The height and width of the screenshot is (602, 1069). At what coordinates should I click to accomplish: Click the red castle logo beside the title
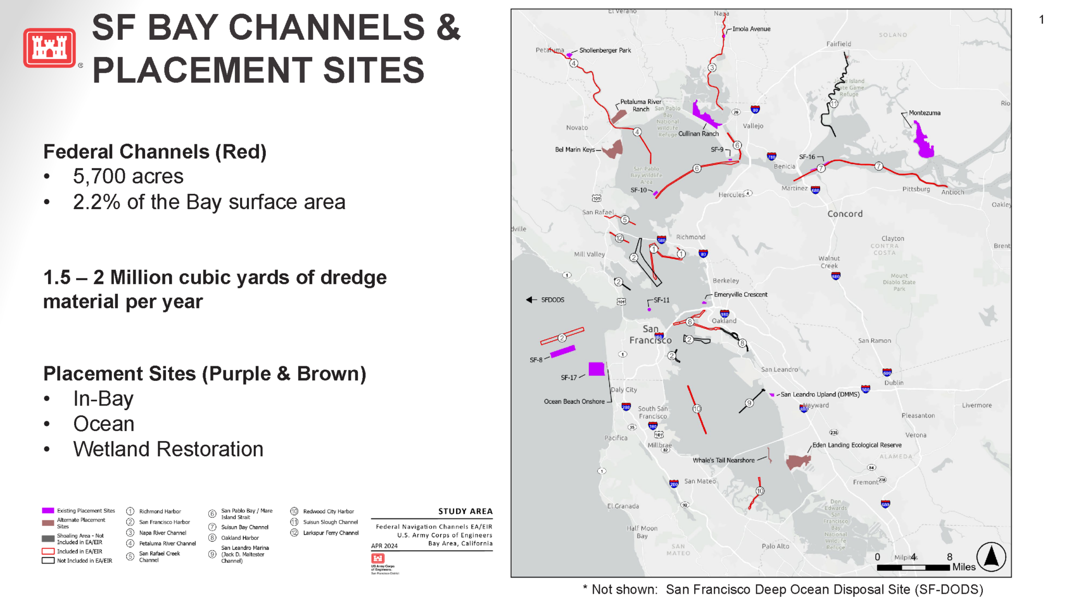(x=50, y=48)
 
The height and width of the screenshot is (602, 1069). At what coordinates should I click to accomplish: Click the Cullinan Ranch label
(x=698, y=134)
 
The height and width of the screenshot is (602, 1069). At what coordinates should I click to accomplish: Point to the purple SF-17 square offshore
(x=596, y=369)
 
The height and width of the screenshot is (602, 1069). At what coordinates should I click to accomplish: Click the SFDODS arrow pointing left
(x=531, y=299)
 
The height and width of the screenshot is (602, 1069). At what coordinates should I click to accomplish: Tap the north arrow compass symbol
(x=991, y=557)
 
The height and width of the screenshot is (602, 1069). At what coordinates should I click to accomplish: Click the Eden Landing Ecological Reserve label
(x=857, y=445)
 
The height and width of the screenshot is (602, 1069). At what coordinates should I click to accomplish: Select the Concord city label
(x=845, y=214)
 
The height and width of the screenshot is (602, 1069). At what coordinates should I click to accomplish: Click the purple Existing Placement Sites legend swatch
(x=48, y=511)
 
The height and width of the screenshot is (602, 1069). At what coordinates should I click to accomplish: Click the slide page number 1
(x=1041, y=20)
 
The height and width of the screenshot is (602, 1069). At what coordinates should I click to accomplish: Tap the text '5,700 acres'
(x=128, y=177)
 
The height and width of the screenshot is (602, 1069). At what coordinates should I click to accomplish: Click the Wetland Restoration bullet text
(x=168, y=449)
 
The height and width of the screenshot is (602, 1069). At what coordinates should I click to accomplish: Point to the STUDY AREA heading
(x=465, y=511)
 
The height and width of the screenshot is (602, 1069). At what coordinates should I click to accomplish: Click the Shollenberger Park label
(x=604, y=51)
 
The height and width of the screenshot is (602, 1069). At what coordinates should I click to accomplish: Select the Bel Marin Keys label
(x=575, y=149)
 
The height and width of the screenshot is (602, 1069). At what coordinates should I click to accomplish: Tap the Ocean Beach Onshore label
(x=574, y=401)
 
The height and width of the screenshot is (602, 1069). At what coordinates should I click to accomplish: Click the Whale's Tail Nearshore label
(x=723, y=460)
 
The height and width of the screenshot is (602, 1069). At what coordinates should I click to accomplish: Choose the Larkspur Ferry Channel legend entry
(x=330, y=533)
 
